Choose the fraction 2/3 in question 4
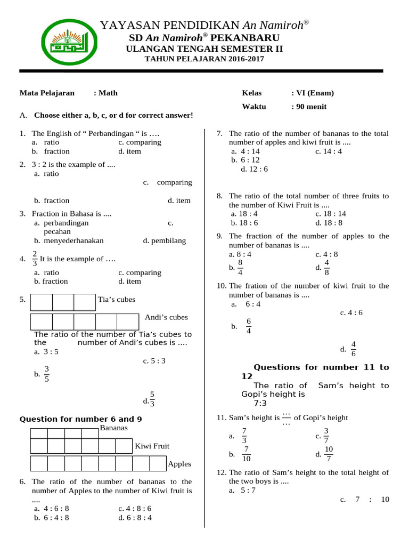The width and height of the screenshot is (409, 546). pos(35,258)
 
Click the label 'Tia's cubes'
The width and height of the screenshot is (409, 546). pos(117,300)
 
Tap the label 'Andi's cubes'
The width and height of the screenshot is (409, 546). pos(166,317)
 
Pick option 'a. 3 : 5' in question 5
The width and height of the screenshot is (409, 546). pos(46,352)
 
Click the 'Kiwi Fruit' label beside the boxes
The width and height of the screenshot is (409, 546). pos(152,446)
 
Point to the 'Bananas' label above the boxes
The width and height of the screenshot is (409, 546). pos(113,428)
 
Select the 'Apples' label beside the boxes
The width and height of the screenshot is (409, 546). pos(179,464)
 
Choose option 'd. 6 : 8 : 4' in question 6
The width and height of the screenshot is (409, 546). pos(135,517)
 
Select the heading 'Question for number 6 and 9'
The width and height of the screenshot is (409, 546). pos(80,419)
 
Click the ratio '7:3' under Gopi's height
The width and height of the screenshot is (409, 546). pos(260,403)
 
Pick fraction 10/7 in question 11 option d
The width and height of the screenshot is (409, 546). pos(329,454)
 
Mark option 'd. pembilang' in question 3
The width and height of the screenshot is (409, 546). pos(165,240)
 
